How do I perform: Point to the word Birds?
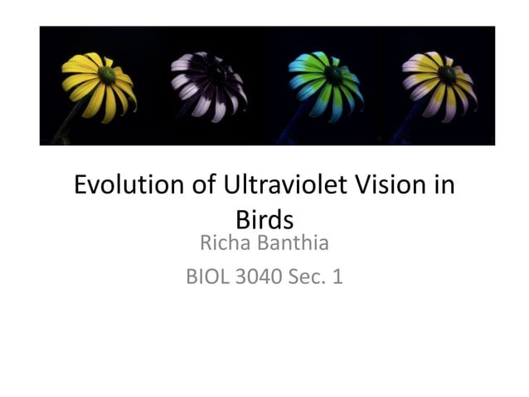point(264,219)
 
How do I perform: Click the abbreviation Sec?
point(308,277)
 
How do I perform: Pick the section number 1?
point(337,277)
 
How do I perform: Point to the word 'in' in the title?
point(444,185)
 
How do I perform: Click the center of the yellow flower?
point(106,75)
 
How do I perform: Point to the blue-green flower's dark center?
point(332,75)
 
